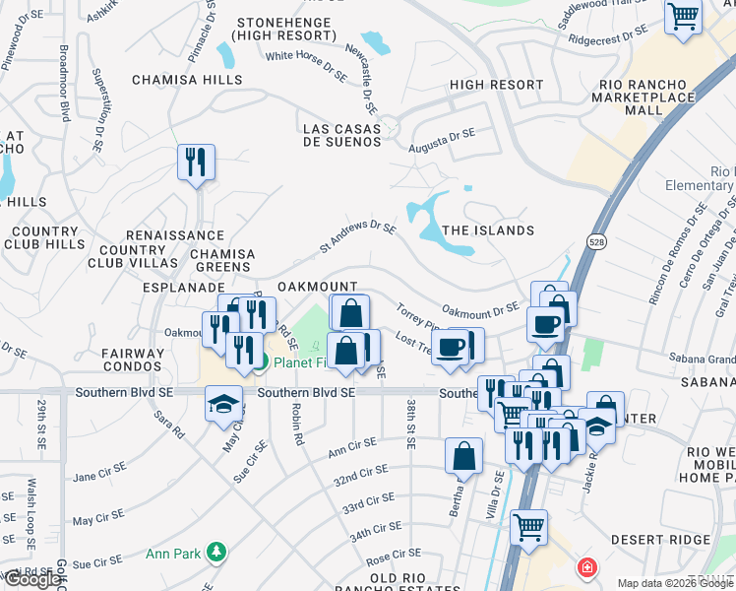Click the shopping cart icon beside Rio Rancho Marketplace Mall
pos(682,16)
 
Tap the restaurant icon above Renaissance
pos(196,161)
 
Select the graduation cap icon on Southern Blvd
pos(223,402)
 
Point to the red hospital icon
pos(587,567)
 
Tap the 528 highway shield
pos(597,240)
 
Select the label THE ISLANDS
pos(488,230)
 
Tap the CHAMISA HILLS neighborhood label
pos(187,80)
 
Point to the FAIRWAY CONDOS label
pos(133,360)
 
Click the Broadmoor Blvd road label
pos(63,82)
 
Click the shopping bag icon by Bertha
pos(463,456)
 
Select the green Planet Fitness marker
pos(260,362)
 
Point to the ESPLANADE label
pos(178,287)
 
